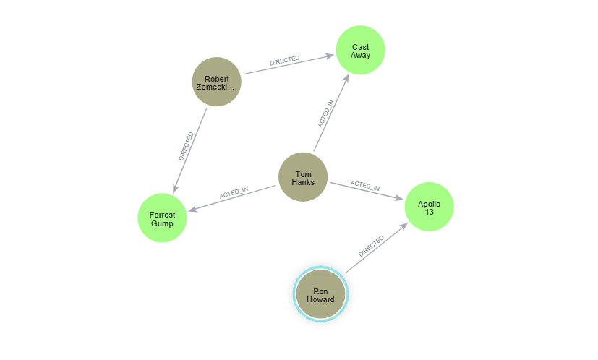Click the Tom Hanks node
click(x=303, y=178)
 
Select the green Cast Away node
click(x=361, y=51)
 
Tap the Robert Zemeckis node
click(x=216, y=83)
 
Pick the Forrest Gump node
click(x=162, y=217)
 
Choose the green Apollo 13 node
click(x=429, y=207)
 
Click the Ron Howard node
click(x=320, y=295)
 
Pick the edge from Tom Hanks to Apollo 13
click(x=366, y=187)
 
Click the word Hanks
click(x=303, y=182)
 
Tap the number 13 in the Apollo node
click(x=429, y=212)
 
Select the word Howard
click(x=320, y=300)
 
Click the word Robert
click(x=216, y=78)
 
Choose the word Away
click(x=361, y=56)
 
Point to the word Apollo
click(x=429, y=203)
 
